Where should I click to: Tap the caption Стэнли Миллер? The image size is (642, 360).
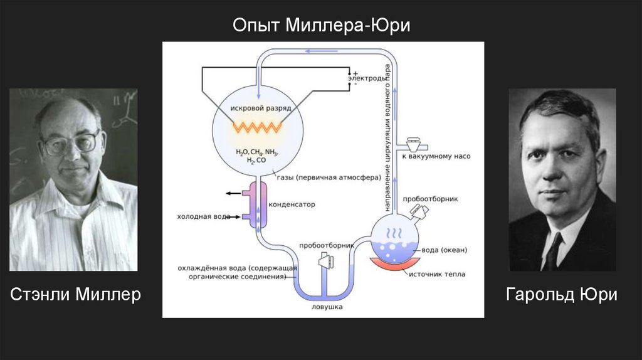pyautogui.click(x=75, y=294)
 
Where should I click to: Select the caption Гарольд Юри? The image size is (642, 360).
pyautogui.click(x=562, y=294)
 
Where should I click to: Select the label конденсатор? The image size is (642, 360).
pyautogui.click(x=292, y=204)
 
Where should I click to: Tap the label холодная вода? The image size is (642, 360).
pyautogui.click(x=202, y=217)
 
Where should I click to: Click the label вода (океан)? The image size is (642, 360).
pyautogui.click(x=444, y=250)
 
